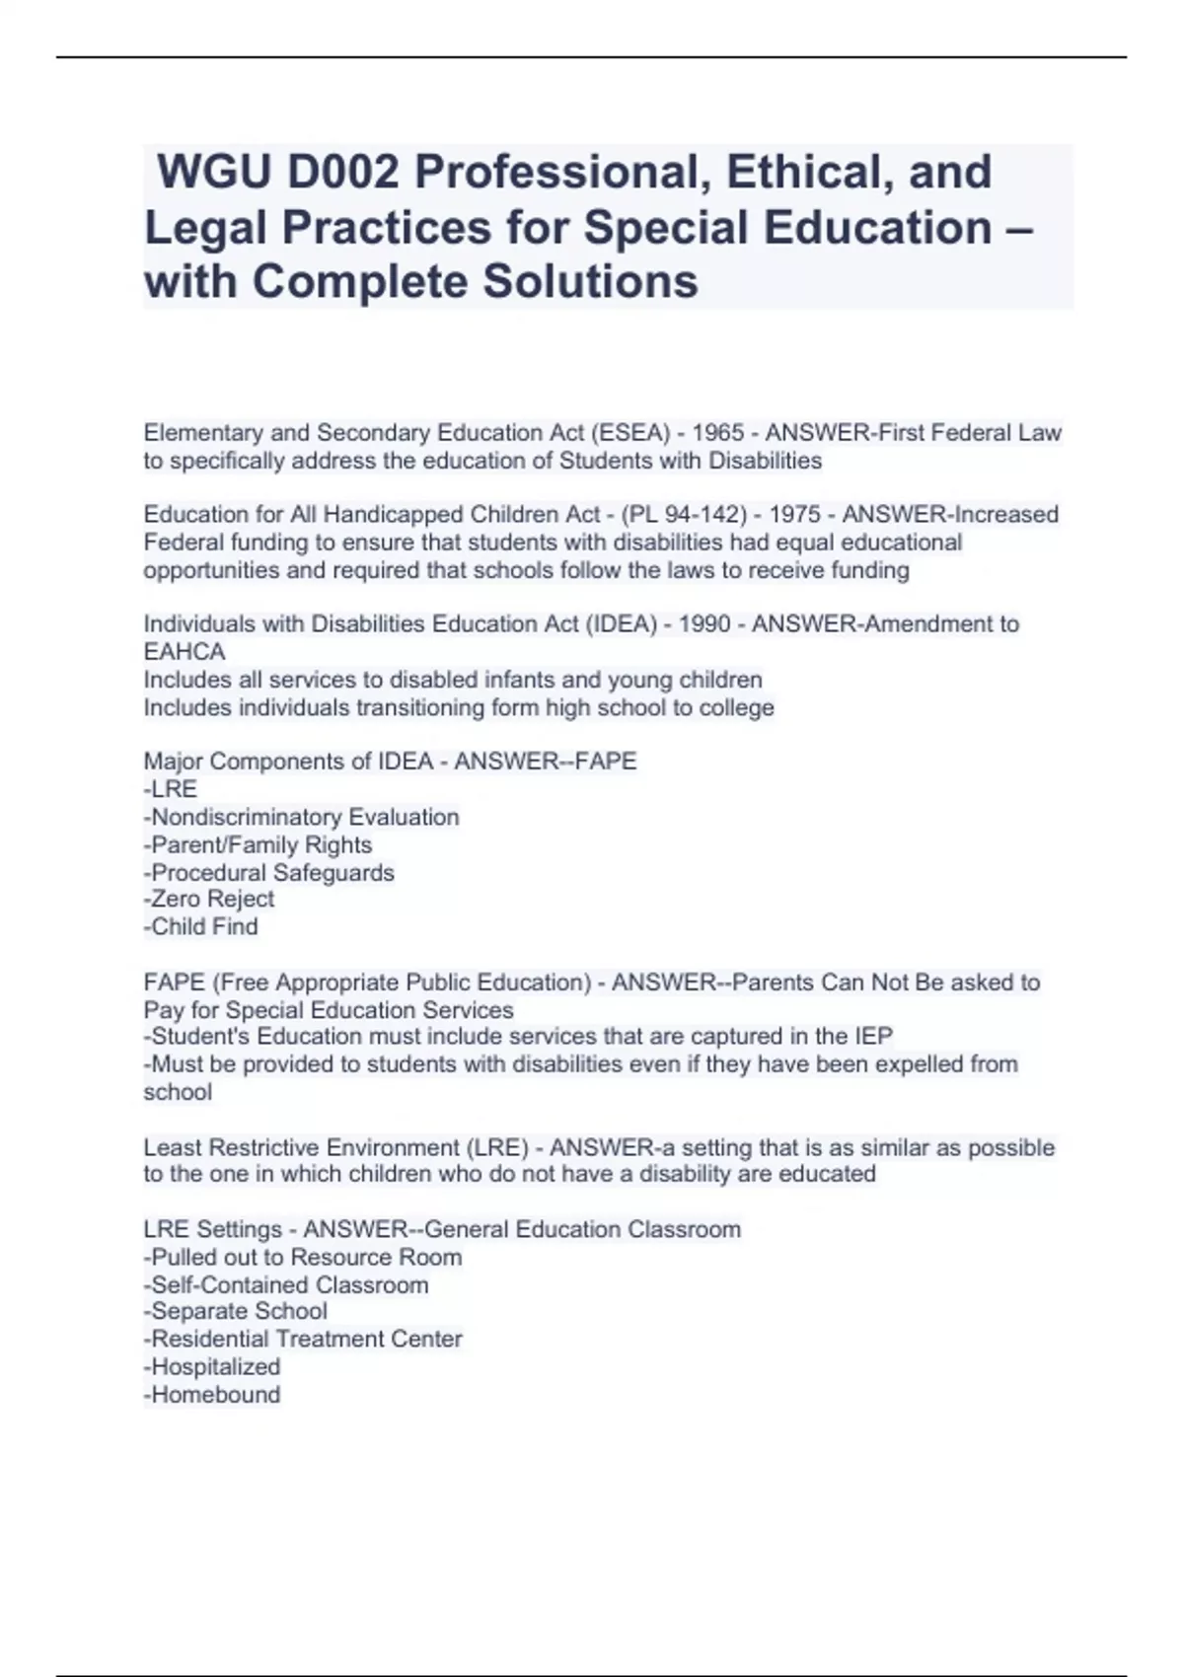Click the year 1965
[718, 433]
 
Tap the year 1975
[795, 515]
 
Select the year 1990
[705, 624]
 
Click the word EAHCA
[185, 652]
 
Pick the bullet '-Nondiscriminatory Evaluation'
[301, 817]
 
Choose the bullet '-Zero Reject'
[209, 899]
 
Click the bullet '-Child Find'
[201, 926]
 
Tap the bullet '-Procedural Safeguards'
[268, 872]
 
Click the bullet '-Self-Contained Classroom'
[286, 1284]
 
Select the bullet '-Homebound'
[212, 1394]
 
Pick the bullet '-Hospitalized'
[212, 1366]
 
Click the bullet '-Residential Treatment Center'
[303, 1339]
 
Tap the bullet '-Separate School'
[236, 1311]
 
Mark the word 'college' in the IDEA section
[736, 707]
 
